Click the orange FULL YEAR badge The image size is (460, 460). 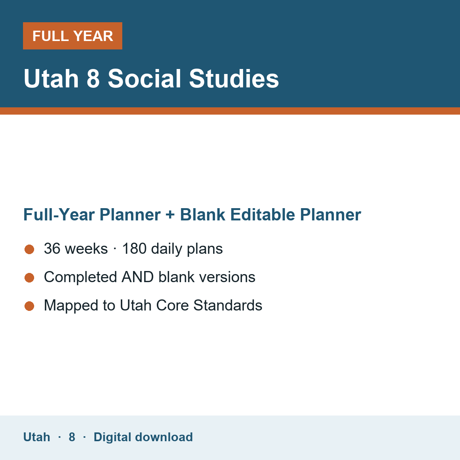(72, 36)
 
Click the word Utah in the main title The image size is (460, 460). (51, 79)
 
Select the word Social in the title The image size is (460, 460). (145, 79)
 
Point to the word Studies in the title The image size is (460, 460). (234, 79)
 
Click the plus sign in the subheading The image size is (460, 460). (170, 215)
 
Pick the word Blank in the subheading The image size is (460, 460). (202, 214)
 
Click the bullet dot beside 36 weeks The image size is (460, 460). (30, 249)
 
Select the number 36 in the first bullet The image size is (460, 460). (52, 248)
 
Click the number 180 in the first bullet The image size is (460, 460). (134, 248)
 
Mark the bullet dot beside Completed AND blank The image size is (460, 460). (30, 278)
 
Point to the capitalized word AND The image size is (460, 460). (138, 277)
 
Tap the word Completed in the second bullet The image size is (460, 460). (80, 278)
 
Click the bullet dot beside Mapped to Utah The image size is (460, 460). (30, 306)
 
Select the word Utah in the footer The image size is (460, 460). (36, 437)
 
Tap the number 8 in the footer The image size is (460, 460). (72, 437)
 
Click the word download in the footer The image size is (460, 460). (164, 437)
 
